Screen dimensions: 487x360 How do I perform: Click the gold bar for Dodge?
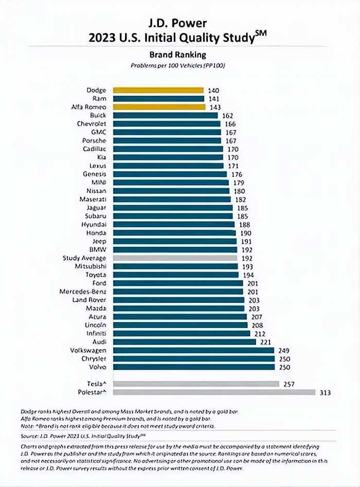tap(158, 90)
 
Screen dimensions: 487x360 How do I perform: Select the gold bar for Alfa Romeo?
tap(158, 107)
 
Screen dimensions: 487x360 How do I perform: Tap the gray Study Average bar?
tap(175, 258)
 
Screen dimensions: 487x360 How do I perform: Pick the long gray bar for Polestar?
tap(213, 392)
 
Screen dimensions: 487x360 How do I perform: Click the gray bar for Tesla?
tap(195, 384)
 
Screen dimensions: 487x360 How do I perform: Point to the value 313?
tap(325, 393)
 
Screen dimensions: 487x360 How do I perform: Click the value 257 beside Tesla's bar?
tap(289, 384)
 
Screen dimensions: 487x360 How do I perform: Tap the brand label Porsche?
tap(94, 140)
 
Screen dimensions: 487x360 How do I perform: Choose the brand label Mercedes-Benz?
tap(83, 292)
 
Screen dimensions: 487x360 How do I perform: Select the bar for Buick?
tap(165, 115)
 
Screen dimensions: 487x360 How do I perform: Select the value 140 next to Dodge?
tap(213, 91)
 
